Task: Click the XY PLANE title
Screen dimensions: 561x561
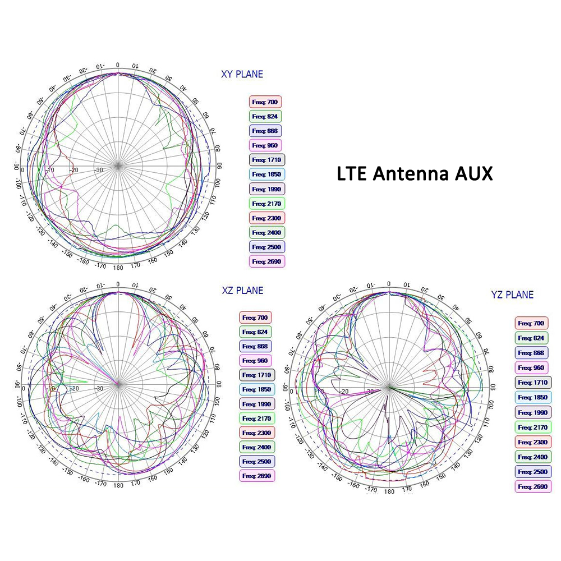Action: coord(242,74)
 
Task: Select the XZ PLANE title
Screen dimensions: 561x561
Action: coord(242,291)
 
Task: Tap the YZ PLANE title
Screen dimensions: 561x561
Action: coord(512,295)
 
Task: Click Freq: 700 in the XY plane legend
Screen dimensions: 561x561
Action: coord(265,102)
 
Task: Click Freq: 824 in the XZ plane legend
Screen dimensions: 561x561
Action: coord(256,332)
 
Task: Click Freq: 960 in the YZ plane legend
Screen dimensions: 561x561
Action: coord(531,367)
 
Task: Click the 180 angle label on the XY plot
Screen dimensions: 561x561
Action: coord(118,268)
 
